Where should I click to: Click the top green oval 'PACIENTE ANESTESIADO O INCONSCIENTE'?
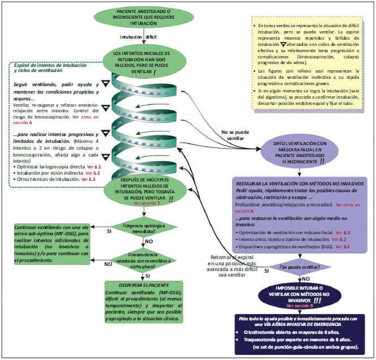coord(146,19)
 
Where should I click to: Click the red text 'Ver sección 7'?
coord(147,203)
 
